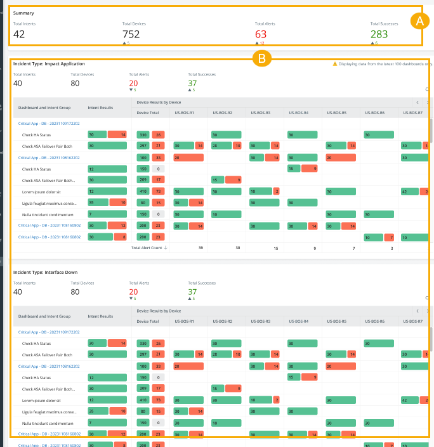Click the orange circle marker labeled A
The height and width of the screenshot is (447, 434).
(418, 21)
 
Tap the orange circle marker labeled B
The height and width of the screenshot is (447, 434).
(261, 59)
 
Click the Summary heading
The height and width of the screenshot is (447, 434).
(23, 13)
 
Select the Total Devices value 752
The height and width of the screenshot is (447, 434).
(131, 34)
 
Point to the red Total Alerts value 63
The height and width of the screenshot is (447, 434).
(261, 34)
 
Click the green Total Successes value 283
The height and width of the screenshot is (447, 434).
(379, 34)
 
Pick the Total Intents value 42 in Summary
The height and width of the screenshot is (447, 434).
(19, 34)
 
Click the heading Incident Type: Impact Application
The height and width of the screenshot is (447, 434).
(49, 64)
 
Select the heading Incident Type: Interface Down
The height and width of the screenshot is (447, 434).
(45, 272)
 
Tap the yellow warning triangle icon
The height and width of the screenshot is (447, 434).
(335, 64)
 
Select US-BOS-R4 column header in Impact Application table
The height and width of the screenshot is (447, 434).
(297, 113)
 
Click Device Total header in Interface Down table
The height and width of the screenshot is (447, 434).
(148, 321)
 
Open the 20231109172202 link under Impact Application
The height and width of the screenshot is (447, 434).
(49, 124)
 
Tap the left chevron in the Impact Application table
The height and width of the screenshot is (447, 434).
(417, 101)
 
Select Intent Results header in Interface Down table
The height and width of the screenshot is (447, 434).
(100, 316)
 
